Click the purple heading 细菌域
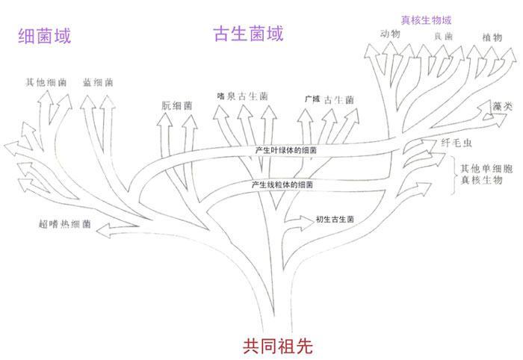pos(46,35)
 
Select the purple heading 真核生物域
pos(427,19)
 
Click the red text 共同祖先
pos(276,346)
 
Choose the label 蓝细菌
pos(98,81)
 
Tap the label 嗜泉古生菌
pos(242,96)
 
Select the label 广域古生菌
pos(329,99)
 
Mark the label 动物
pos(390,34)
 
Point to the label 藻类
pos(502,107)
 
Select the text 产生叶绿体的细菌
pos(285,150)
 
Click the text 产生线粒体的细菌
pos(282,184)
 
